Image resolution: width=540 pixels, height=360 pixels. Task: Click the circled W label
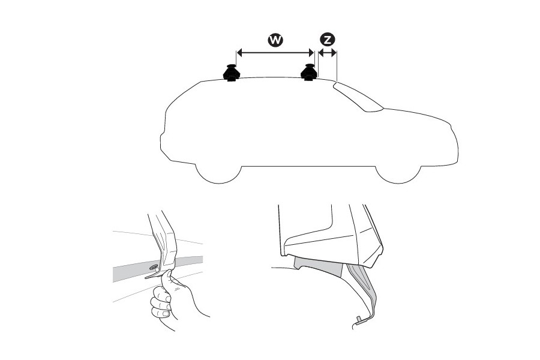pyautogui.click(x=275, y=40)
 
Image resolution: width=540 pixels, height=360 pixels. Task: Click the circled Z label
pyautogui.click(x=327, y=40)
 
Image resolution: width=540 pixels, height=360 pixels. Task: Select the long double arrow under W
pyautogui.click(x=275, y=53)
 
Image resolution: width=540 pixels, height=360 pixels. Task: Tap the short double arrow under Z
pyautogui.click(x=327, y=53)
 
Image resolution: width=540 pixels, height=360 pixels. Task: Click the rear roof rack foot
pyautogui.click(x=232, y=73)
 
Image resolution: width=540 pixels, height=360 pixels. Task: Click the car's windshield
pyautogui.click(x=358, y=97)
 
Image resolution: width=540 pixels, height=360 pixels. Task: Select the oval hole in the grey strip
pyautogui.click(x=153, y=266)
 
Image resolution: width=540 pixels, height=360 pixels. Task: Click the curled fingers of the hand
pyautogui.click(x=160, y=303)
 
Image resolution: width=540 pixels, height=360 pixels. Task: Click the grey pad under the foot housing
pyautogui.click(x=319, y=266)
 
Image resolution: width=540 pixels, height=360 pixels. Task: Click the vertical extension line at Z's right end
pyautogui.click(x=337, y=65)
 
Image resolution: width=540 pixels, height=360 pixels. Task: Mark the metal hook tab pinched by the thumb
pyautogui.click(x=153, y=275)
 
